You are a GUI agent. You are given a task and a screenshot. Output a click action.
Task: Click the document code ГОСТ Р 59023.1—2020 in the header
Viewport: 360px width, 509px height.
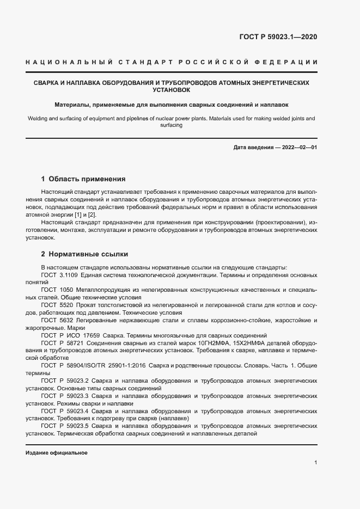coord(278,38)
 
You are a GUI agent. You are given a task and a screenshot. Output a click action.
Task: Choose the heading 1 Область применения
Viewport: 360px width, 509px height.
coord(83,179)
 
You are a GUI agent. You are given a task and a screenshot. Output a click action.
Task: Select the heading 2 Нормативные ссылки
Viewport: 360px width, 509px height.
coord(84,254)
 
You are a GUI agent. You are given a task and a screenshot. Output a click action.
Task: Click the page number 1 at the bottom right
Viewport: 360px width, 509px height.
coord(316,463)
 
